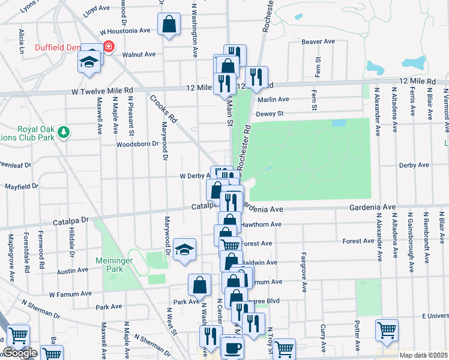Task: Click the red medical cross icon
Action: click(109, 46)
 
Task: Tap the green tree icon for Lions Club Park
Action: click(67, 131)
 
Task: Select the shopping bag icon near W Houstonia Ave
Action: click(169, 25)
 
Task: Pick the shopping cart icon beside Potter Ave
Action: click(387, 330)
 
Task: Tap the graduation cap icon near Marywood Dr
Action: click(185, 249)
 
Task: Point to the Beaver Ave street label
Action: click(318, 41)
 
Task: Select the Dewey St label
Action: click(269, 113)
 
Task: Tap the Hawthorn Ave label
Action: click(262, 224)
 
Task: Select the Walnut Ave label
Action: click(139, 55)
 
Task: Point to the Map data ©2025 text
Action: click(423, 355)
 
